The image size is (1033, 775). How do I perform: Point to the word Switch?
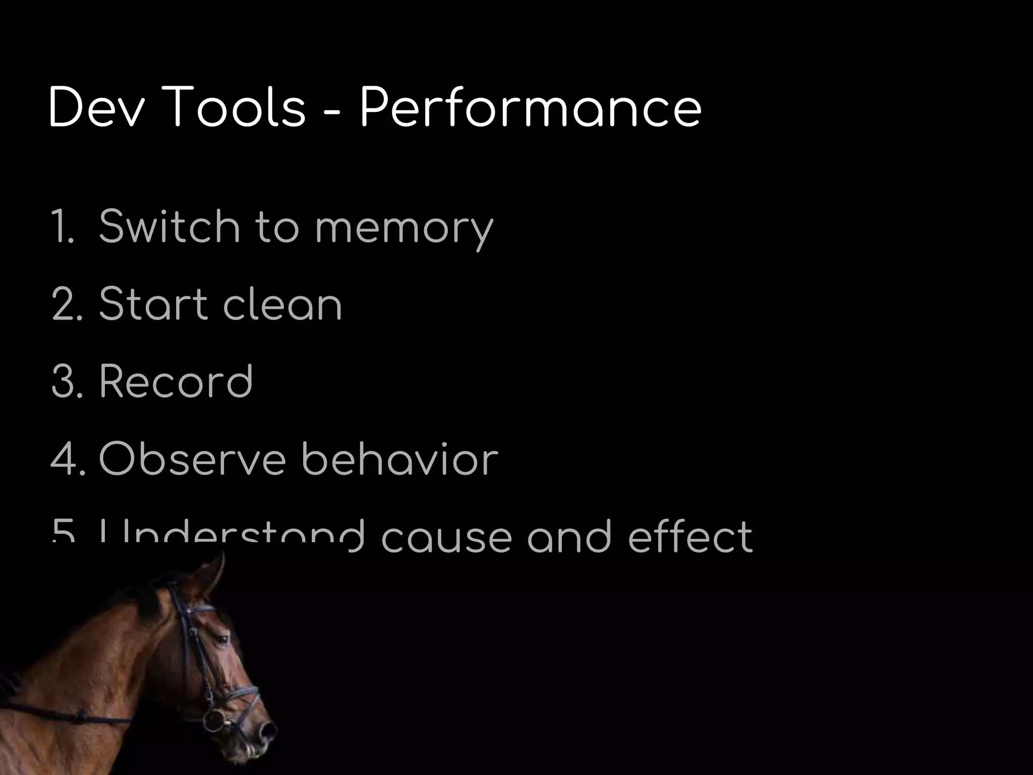[x=169, y=227]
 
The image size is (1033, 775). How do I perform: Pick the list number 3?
[x=66, y=381]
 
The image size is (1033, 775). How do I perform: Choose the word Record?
[x=176, y=381]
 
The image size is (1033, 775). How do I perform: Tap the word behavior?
[x=399, y=459]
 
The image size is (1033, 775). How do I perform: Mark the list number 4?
[x=66, y=459]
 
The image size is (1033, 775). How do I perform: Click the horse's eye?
[x=222, y=639]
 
